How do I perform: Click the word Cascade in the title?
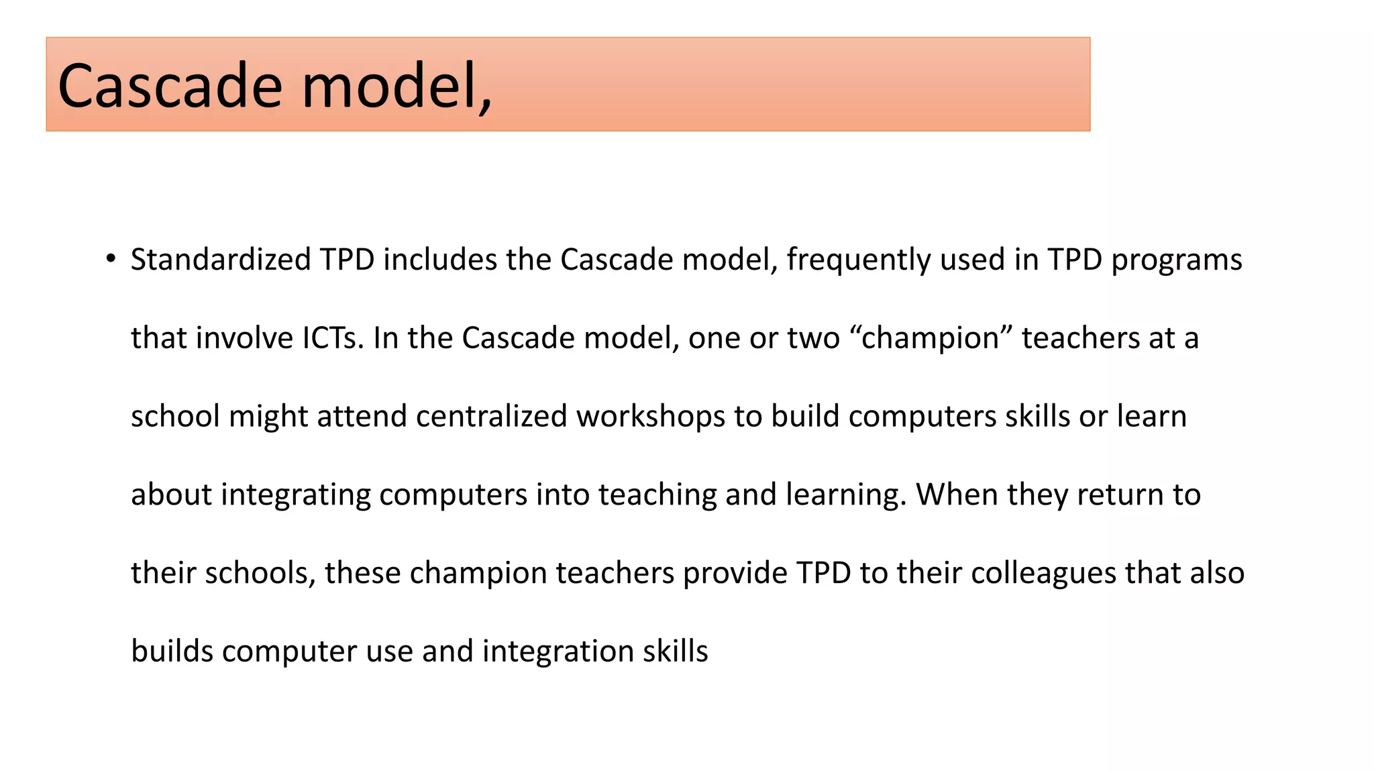[170, 86]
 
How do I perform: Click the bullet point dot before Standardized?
[111, 259]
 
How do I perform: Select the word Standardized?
[221, 260]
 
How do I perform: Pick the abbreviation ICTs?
[333, 338]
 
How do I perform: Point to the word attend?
[362, 417]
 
